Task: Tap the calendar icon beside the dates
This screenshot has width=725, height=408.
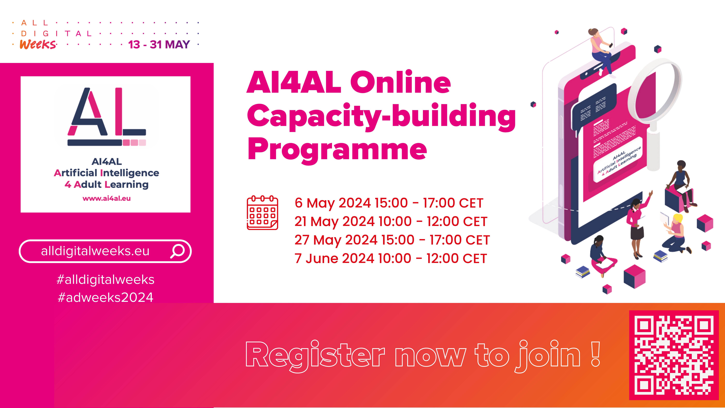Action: click(262, 213)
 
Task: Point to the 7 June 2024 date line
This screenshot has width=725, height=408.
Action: click(391, 258)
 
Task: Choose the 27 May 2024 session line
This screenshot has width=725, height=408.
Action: click(392, 240)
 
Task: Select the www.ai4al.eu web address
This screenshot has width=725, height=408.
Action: click(107, 198)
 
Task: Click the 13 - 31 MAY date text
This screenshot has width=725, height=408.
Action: click(159, 44)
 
